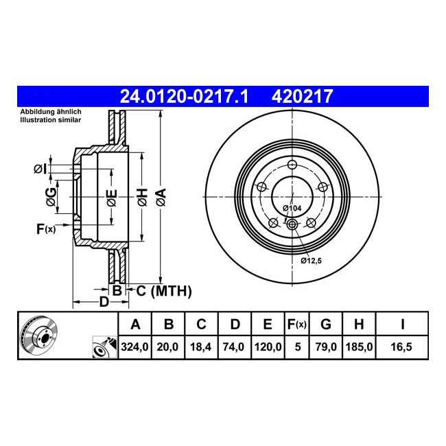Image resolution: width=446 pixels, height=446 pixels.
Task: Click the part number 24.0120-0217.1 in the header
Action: [185, 96]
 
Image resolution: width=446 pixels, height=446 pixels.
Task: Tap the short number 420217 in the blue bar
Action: [302, 96]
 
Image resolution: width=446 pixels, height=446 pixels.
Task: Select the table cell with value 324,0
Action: [134, 347]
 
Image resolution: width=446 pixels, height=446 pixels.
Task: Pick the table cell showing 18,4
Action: [201, 347]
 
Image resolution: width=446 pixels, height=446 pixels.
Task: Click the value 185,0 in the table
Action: [359, 347]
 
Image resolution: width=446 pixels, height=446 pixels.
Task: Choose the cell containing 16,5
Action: [401, 347]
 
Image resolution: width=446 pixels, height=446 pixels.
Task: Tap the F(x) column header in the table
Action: [297, 325]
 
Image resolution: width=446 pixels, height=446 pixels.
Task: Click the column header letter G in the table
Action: [326, 325]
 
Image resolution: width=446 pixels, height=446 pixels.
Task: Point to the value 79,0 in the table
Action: [326, 347]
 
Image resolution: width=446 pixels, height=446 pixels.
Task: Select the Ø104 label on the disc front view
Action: [292, 208]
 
